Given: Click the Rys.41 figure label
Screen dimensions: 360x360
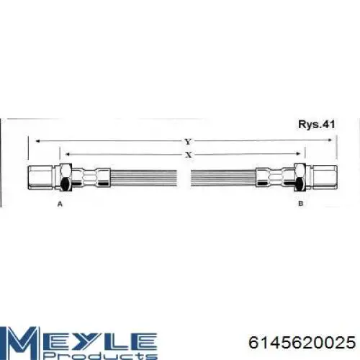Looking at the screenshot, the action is [316, 125].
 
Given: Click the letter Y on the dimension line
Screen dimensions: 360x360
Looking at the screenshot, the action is [188, 142].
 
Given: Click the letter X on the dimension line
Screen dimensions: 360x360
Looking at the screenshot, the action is [189, 155].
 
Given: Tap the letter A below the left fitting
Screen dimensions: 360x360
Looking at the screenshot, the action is [60, 204].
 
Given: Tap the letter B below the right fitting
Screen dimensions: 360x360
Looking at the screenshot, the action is [300, 204].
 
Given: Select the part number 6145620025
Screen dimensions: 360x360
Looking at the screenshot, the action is [302, 342].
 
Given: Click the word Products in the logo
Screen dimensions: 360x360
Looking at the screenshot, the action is [101, 356].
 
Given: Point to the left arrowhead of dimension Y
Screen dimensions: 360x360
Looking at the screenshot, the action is [37, 141].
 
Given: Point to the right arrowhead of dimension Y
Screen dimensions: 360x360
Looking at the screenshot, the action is [330, 140].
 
